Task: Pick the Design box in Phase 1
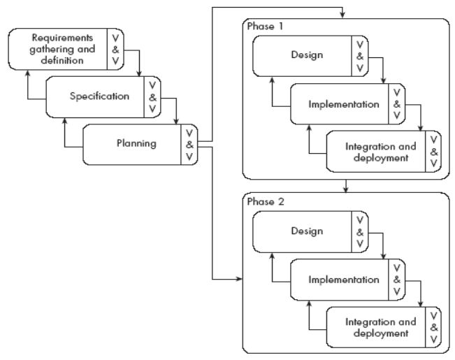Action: point(305,54)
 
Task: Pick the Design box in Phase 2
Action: point(305,231)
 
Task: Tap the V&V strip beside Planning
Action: point(188,145)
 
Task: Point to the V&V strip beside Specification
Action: point(152,96)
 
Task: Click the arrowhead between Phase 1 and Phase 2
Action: point(345,189)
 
